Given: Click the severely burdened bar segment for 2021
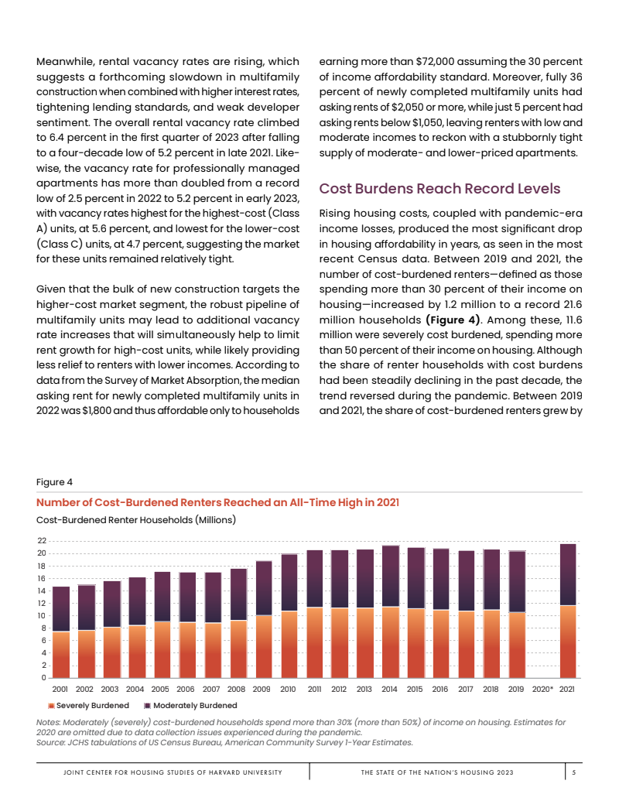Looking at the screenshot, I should coord(567,642).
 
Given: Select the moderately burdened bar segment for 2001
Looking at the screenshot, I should coord(61,609).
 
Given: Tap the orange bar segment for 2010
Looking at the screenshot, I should coord(289,645).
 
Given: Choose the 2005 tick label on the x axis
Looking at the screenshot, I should coord(160,688).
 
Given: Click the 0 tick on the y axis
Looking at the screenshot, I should coord(44,678).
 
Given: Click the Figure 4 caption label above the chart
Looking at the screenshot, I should coord(54,482).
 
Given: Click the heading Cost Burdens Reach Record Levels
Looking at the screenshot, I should coord(439,189).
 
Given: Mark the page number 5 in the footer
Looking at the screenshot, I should coord(573,772).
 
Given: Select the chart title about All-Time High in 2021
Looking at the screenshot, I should coord(217,502).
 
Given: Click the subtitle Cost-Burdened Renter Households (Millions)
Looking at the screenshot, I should coord(136,519).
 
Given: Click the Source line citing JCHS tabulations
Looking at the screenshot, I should coord(224,742).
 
